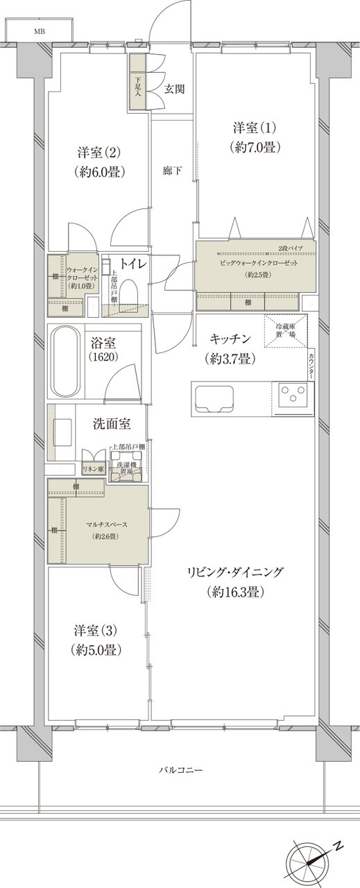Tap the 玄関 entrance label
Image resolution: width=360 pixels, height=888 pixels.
(x=175, y=89)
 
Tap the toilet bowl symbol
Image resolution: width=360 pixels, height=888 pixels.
(x=130, y=293)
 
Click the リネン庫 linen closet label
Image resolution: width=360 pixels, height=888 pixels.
(x=92, y=469)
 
